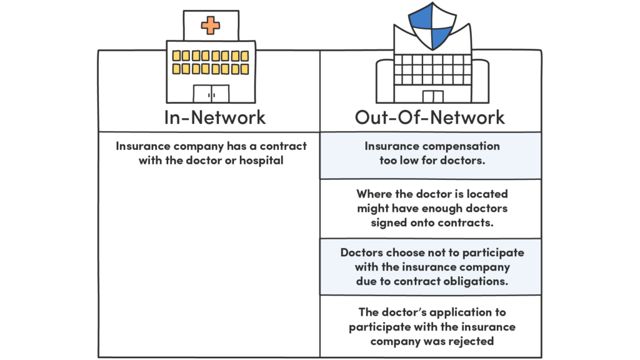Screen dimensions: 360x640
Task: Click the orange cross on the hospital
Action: click(x=211, y=26)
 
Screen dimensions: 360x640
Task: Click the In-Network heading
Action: click(x=214, y=117)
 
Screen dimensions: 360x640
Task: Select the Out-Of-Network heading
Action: click(x=430, y=117)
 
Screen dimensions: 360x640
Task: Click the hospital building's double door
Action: click(x=211, y=94)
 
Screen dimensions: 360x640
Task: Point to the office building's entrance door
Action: click(x=432, y=96)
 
